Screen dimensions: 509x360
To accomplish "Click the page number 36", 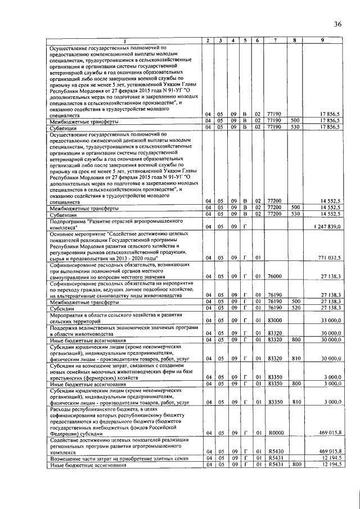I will tap(337, 24).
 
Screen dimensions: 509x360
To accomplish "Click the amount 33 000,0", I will tap(330, 320).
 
